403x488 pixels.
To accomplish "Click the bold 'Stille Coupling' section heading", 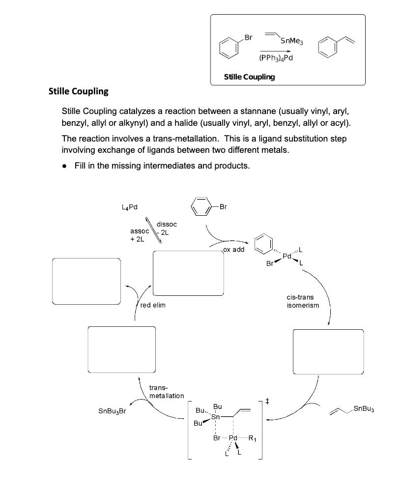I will click(x=79, y=91).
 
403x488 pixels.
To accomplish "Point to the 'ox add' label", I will click(x=233, y=249).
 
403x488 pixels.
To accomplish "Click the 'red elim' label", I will click(x=153, y=305).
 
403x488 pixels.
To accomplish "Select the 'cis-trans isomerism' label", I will click(x=302, y=301).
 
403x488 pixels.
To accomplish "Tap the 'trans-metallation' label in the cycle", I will click(x=166, y=392).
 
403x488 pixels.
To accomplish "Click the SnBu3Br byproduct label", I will click(x=113, y=411).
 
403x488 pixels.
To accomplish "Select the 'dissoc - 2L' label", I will click(x=166, y=229).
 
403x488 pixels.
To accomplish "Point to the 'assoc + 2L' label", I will click(x=137, y=235).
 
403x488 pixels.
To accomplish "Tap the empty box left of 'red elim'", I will click(x=86, y=281).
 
